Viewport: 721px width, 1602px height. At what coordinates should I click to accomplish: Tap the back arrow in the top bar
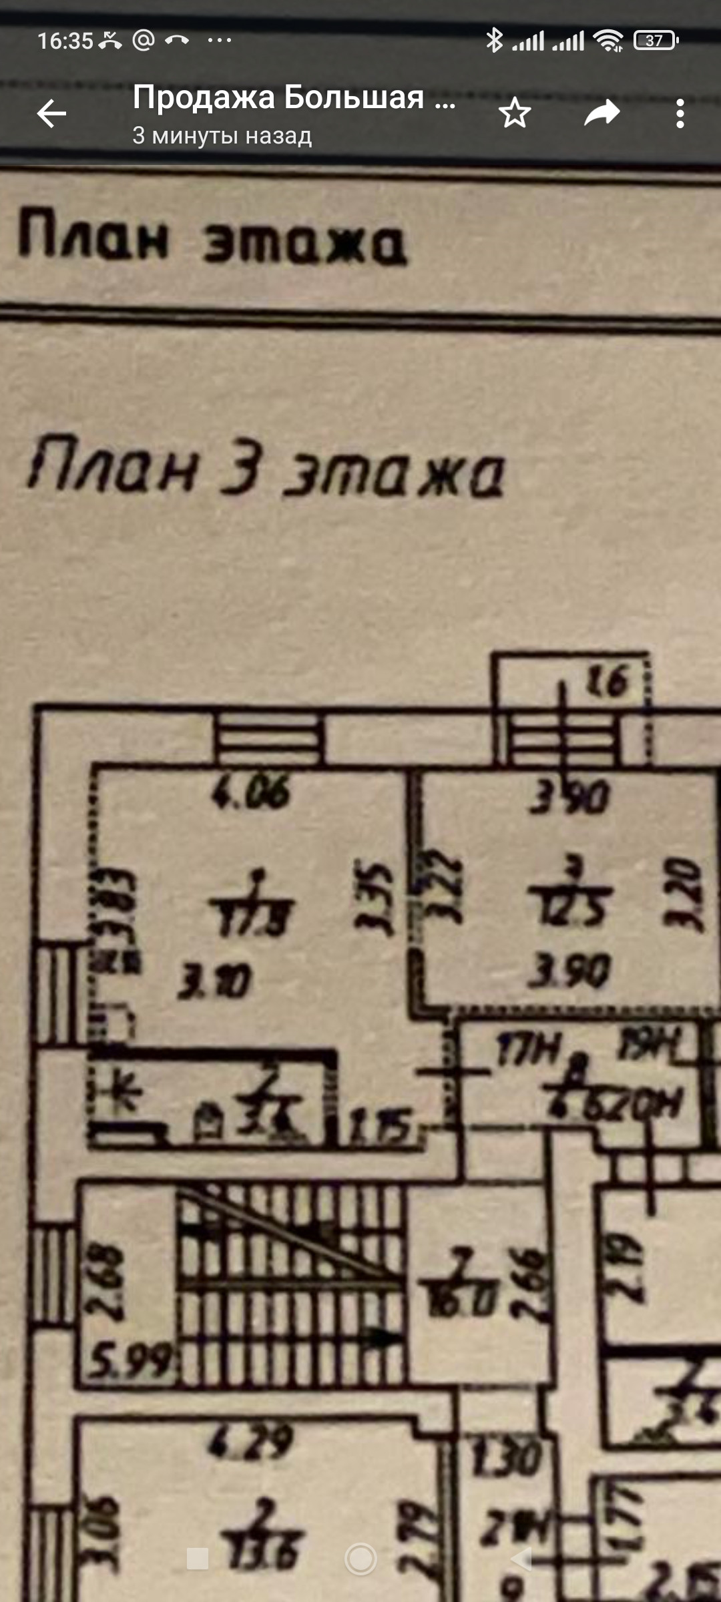pos(51,113)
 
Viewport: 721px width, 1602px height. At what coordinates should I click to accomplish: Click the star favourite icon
pos(514,113)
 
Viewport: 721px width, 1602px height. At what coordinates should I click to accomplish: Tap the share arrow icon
pos(602,113)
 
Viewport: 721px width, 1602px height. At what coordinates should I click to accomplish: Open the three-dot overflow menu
pos(680,113)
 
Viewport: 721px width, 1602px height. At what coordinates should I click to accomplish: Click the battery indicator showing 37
pos(656,41)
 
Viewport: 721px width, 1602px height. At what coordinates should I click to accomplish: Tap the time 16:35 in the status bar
pos(65,41)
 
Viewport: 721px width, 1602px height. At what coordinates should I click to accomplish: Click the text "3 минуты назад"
pos(222,136)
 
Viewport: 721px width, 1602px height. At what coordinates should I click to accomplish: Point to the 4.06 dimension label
pos(251,793)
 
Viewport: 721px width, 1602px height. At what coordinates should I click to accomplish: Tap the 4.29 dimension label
pos(250,1442)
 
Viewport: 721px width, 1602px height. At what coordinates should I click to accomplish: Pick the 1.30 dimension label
pos(506,1456)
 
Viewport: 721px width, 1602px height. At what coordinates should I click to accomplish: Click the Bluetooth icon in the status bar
pos(494,41)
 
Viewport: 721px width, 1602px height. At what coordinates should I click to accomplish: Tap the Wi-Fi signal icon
pos(608,41)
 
